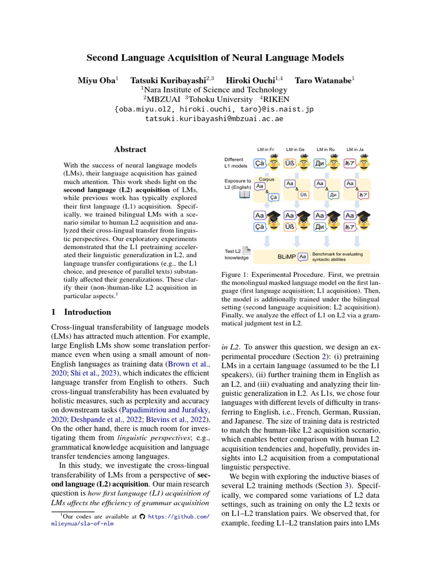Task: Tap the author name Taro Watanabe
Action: coord(323,81)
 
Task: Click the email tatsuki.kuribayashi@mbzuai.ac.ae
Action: coord(215,119)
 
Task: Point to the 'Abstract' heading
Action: coord(130,150)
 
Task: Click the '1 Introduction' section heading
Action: coord(81,312)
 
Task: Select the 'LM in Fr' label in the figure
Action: coord(264,150)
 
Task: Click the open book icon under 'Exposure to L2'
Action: coord(245,195)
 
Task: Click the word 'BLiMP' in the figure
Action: coord(286,256)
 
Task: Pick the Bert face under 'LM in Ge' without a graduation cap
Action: coord(304,164)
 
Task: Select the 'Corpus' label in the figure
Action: coord(267,179)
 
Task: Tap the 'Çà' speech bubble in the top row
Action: coord(260,164)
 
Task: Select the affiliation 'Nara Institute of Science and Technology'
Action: coord(215,90)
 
